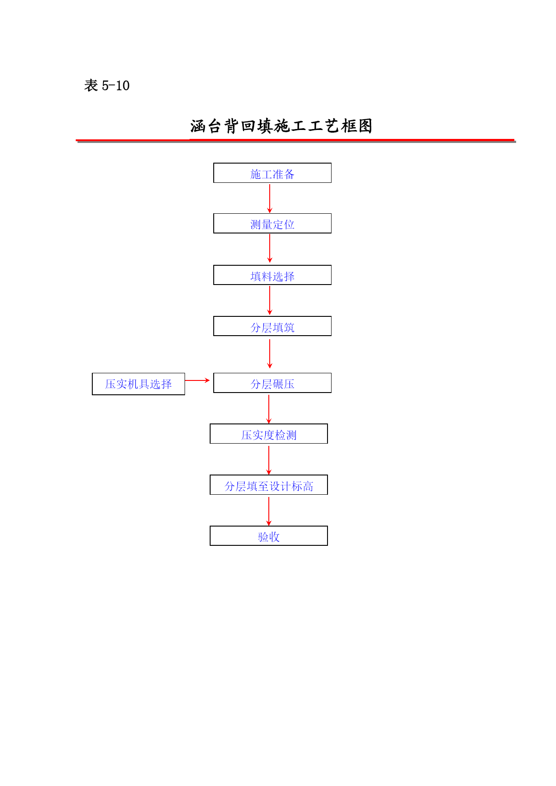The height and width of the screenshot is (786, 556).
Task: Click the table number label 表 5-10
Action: tap(107, 85)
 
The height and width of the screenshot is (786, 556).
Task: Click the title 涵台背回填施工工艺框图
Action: tap(281, 126)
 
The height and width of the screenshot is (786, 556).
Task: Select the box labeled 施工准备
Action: tap(272, 173)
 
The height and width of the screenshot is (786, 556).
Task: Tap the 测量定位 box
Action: tap(272, 224)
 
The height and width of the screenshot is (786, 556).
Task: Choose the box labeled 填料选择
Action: tap(272, 275)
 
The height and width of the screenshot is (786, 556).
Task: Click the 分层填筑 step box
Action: tap(272, 326)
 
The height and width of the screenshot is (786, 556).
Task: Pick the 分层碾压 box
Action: tap(272, 383)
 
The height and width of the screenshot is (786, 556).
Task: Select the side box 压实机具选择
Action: tap(138, 384)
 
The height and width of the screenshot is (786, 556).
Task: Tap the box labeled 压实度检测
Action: tap(269, 434)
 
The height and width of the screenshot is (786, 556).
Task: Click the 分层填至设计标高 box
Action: tap(269, 485)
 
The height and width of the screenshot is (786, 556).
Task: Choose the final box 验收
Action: tap(269, 536)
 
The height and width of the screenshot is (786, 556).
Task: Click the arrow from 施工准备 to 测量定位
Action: tap(270, 199)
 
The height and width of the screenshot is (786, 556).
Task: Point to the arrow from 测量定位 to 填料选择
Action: tap(270, 249)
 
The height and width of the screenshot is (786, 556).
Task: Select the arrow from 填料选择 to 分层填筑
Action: tap(270, 300)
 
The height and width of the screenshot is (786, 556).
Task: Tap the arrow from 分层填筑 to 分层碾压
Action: tap(270, 354)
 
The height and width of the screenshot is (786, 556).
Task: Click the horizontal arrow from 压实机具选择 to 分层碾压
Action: tap(198, 380)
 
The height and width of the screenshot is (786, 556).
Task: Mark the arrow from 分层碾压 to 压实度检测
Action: tap(269, 409)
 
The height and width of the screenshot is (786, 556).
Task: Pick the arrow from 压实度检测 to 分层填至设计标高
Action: tap(269, 460)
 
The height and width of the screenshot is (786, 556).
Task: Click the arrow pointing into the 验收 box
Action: tap(269, 511)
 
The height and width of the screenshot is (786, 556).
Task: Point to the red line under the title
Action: tap(296, 141)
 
